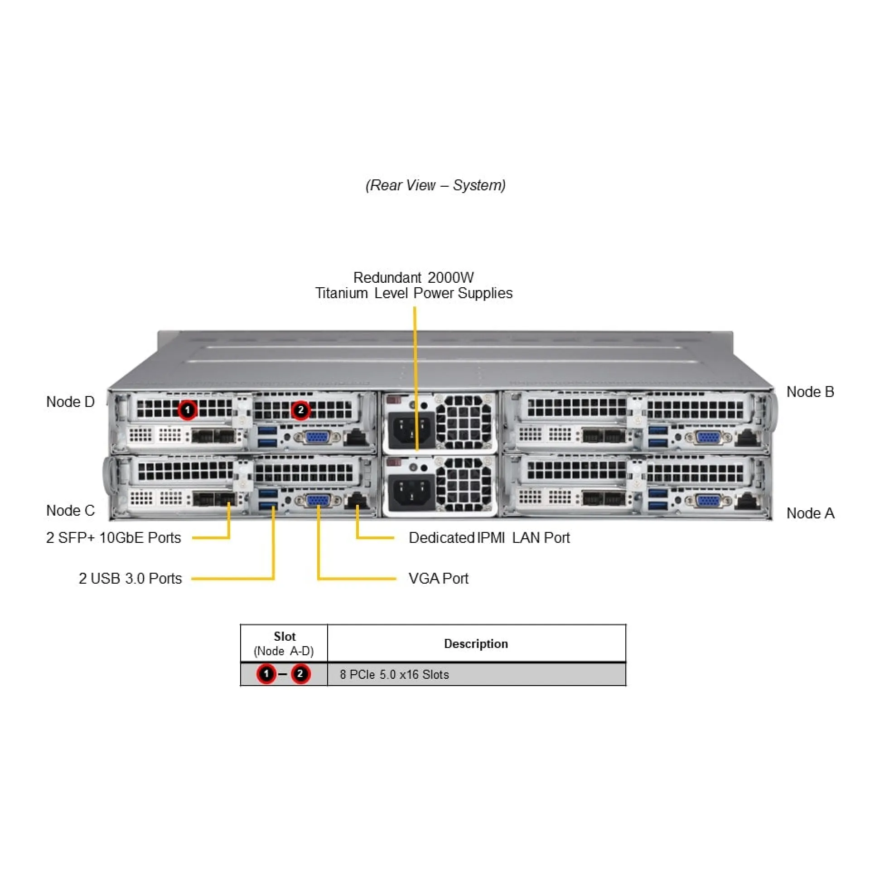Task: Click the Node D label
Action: tap(70, 402)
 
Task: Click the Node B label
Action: tap(810, 392)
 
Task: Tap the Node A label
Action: tap(810, 513)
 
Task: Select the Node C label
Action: tap(70, 511)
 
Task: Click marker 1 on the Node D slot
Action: tap(187, 410)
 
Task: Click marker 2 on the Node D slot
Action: tap(300, 410)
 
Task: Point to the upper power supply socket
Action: tap(410, 430)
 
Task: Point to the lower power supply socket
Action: tap(410, 493)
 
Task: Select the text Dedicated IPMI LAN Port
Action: tap(489, 538)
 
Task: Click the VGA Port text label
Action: tap(438, 579)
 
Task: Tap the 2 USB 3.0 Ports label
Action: tap(130, 579)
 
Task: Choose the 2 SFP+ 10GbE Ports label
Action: tap(113, 538)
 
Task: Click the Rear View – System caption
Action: tap(435, 185)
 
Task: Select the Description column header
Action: tap(476, 644)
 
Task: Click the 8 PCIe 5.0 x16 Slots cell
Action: tap(394, 675)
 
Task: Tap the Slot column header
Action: tap(284, 637)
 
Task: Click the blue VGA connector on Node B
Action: tap(707, 438)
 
